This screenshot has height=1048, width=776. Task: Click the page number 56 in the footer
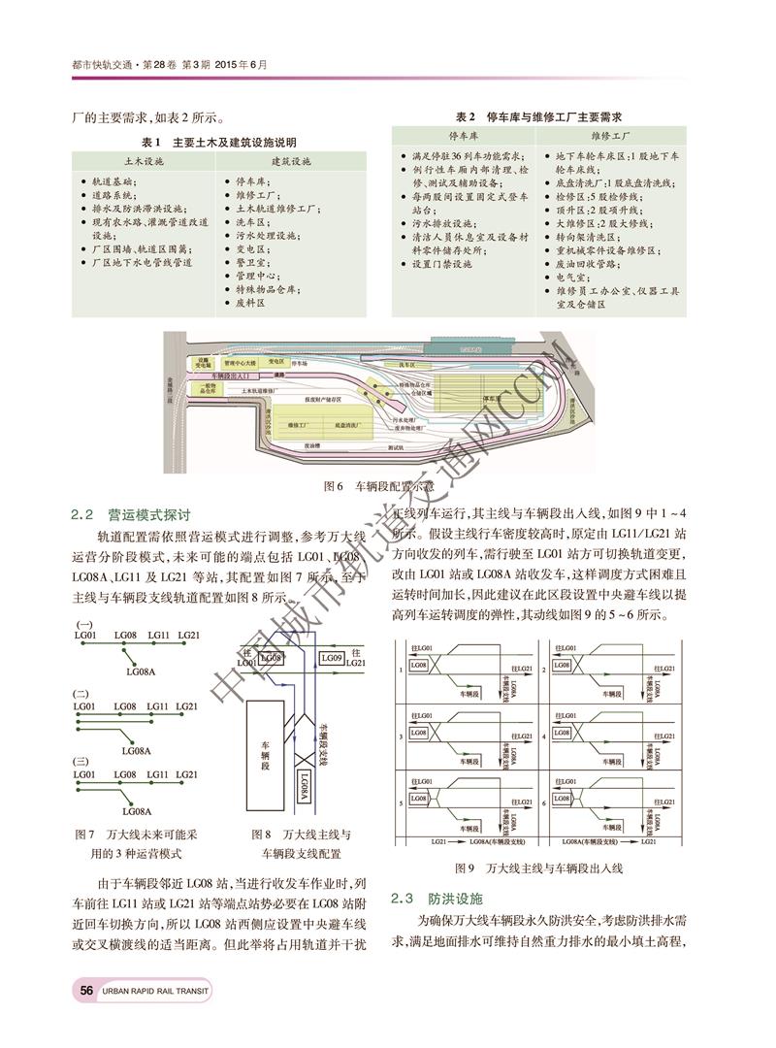click(86, 990)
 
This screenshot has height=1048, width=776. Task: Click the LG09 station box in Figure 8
click(331, 659)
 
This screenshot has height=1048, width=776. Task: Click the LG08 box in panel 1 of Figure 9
click(420, 665)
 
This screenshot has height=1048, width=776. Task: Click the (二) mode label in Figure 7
click(82, 694)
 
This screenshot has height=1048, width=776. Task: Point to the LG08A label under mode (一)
click(142, 670)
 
